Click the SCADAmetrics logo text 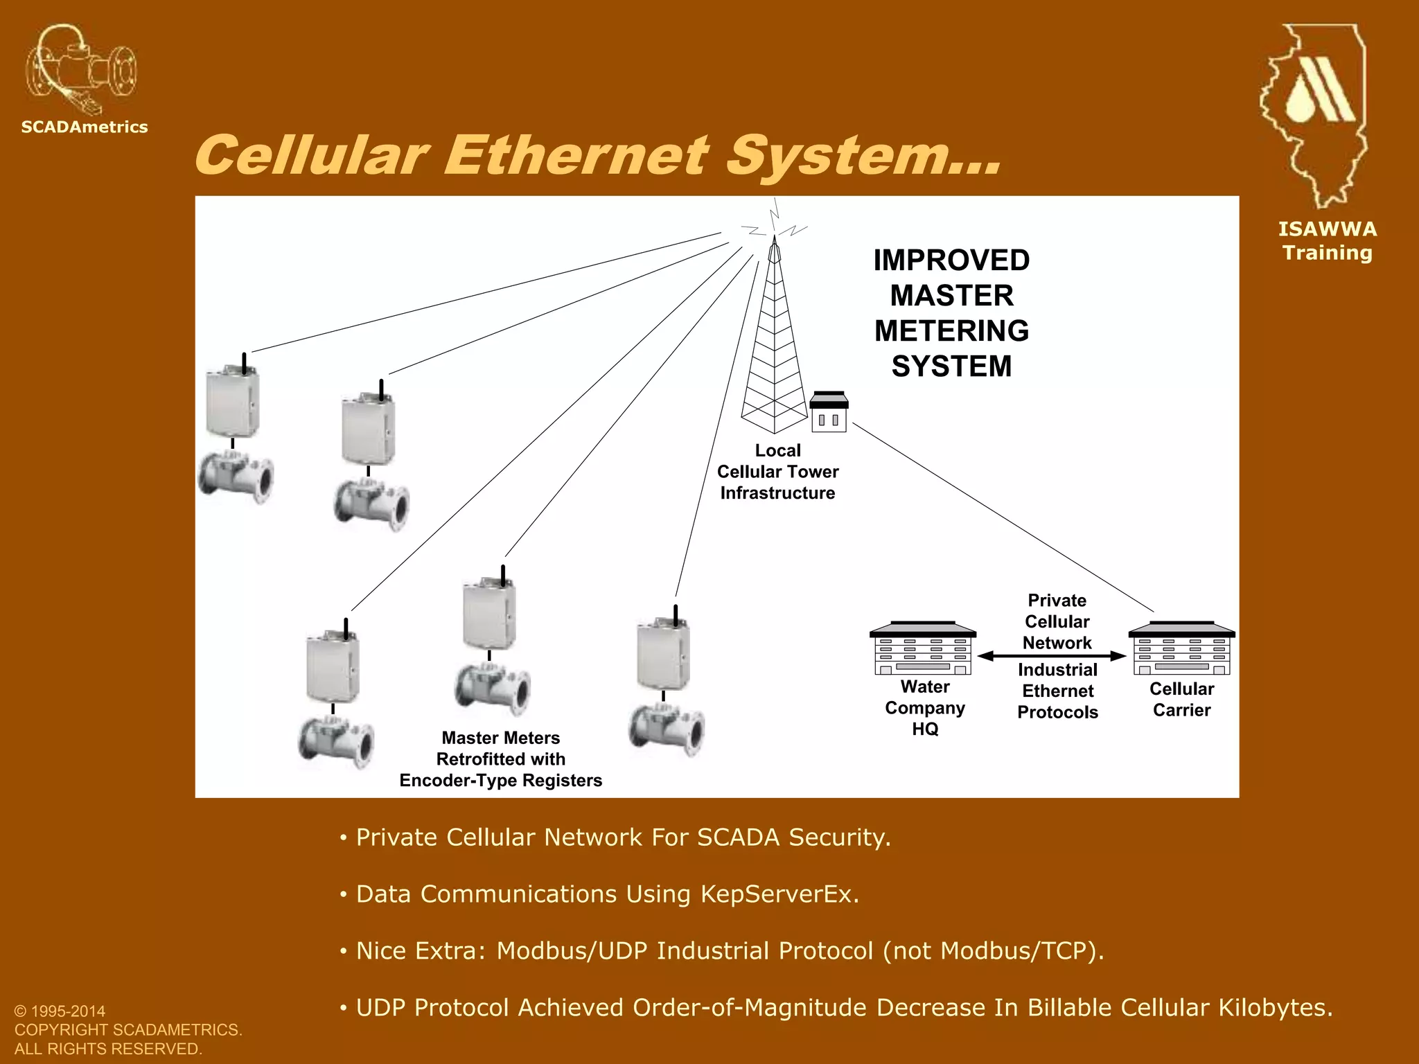point(85,127)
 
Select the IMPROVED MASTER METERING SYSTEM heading point(951,313)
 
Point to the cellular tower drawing point(774,339)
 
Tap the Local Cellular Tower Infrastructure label point(777,472)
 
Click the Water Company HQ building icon point(923,648)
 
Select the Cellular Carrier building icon point(1181,649)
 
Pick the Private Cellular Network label point(1057,621)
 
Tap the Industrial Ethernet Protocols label point(1057,691)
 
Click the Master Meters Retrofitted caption point(500,759)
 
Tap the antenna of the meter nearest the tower point(676,614)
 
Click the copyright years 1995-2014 point(69,1011)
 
